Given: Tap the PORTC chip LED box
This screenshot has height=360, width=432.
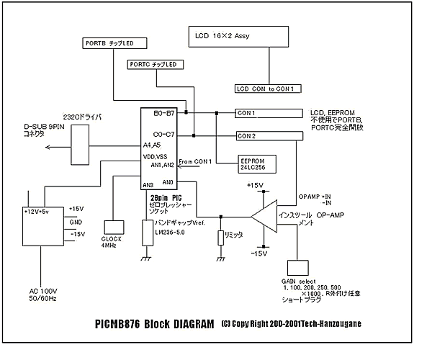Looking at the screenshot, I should point(154,65).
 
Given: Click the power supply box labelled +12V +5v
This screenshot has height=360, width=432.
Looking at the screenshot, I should point(41,225).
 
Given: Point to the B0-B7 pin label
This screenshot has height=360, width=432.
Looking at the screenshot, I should point(166,114).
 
